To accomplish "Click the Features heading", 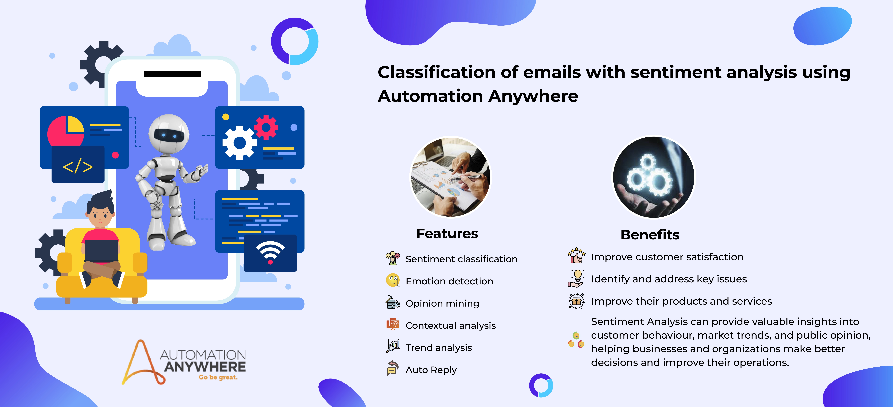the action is coord(447,234).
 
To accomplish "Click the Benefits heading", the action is coord(650,235).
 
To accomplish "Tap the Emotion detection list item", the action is coord(449,281).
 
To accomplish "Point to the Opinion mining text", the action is coord(442,303).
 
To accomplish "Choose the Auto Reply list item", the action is coord(431,370).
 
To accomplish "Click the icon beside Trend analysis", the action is coord(393,346).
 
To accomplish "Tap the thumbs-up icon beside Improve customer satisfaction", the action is coord(576,256).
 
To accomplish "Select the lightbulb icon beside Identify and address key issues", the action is coord(576,278).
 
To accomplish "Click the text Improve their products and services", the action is coord(682,301).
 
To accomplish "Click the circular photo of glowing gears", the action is coord(654,177).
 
